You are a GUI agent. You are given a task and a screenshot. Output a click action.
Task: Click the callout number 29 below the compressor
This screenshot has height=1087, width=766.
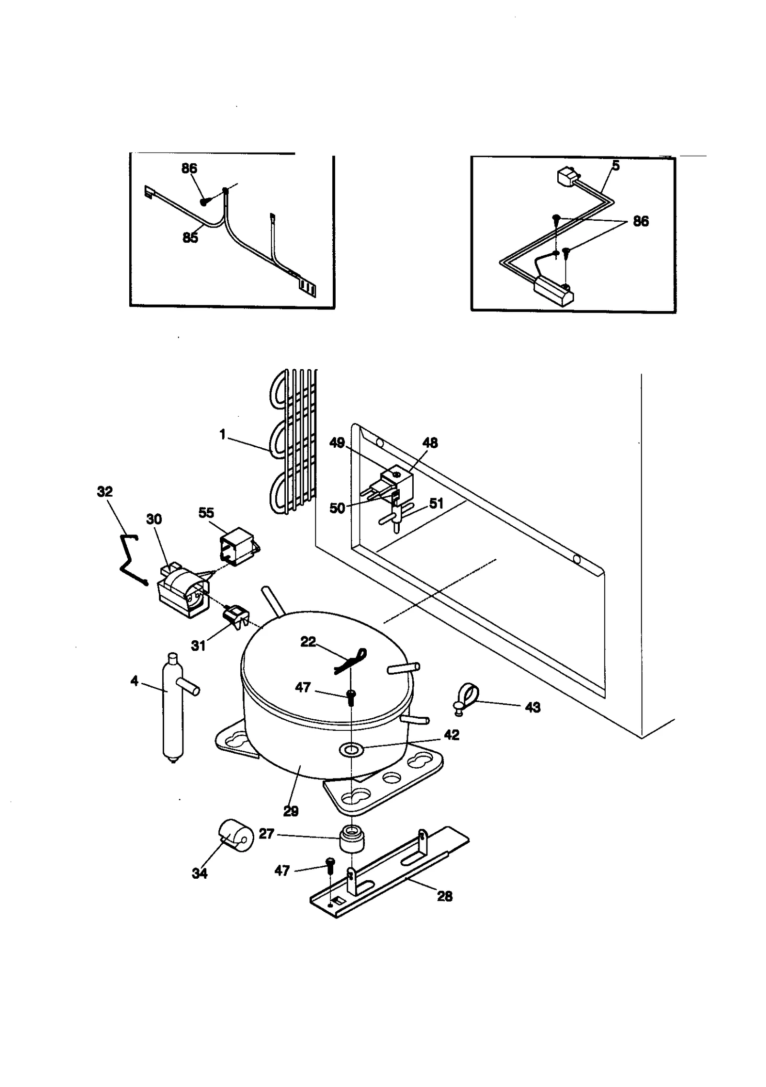click(x=291, y=811)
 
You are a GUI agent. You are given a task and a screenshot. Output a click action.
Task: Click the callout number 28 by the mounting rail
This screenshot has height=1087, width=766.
click(x=445, y=896)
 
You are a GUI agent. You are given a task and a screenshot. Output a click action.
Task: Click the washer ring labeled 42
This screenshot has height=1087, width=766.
click(x=351, y=750)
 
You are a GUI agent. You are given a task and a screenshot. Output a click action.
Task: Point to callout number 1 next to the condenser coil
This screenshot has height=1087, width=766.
click(x=222, y=435)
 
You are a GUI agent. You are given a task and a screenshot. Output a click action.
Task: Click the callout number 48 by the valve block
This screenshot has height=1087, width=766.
click(x=430, y=443)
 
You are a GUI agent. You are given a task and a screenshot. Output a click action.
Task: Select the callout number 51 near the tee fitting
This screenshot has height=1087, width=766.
click(x=436, y=503)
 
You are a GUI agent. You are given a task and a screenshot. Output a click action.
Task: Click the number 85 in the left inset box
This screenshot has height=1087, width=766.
click(x=190, y=238)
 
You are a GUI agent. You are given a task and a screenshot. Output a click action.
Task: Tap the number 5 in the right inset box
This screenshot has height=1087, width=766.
click(x=616, y=166)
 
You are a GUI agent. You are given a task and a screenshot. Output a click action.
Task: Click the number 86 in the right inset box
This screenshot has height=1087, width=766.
click(x=641, y=221)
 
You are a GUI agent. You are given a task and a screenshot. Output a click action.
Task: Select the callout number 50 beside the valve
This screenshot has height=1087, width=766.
click(x=337, y=508)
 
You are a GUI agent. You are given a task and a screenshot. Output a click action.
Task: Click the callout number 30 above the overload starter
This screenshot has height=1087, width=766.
click(x=154, y=519)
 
